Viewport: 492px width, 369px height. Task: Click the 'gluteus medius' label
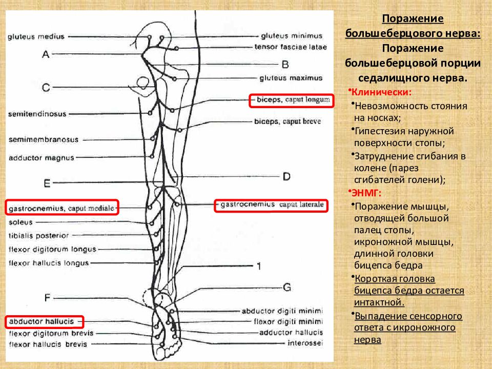coord(36,37)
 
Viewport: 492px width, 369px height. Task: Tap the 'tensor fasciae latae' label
coord(291,47)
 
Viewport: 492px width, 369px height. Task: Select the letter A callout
coord(46,54)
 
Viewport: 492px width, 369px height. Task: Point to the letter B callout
coord(285,65)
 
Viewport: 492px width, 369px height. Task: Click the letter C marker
coord(46,87)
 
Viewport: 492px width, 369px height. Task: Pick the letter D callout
coord(286,177)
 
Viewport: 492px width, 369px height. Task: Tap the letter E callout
coord(47,183)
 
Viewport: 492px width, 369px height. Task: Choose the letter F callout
coord(47,297)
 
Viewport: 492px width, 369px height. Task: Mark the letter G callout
coord(287,287)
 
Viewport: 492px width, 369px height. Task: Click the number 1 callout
coord(259,266)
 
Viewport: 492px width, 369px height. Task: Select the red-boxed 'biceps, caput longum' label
coord(292,100)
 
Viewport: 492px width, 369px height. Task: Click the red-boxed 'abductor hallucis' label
coord(45,322)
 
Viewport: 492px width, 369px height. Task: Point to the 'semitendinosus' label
coord(37,114)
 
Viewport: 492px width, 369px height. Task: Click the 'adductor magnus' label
coord(42,158)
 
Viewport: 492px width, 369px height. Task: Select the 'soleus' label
coord(20,222)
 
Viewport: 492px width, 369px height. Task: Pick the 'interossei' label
coord(305,343)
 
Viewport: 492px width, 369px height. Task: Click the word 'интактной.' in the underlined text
coord(379,302)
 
